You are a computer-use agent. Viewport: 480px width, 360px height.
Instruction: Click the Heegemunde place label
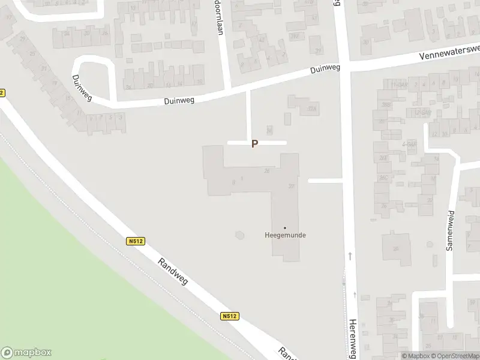pos(285,235)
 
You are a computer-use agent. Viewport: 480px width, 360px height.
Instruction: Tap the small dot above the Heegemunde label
pos(285,227)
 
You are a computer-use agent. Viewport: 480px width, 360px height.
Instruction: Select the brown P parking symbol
pos(254,144)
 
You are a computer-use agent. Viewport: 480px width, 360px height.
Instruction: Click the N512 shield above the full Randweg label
pos(136,241)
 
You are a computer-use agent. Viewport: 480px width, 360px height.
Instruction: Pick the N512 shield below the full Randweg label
pos(229,316)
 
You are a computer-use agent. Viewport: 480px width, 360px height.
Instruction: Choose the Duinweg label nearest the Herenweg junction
pos(325,69)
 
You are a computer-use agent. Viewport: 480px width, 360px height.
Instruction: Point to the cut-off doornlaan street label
pos(218,17)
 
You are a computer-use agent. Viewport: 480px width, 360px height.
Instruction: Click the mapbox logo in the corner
pos(26,353)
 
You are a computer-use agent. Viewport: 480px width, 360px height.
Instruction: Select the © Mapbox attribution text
pos(415,356)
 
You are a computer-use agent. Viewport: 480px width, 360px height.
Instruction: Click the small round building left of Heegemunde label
pos(240,234)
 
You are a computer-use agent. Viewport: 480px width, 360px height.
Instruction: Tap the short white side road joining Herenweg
pos(325,180)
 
